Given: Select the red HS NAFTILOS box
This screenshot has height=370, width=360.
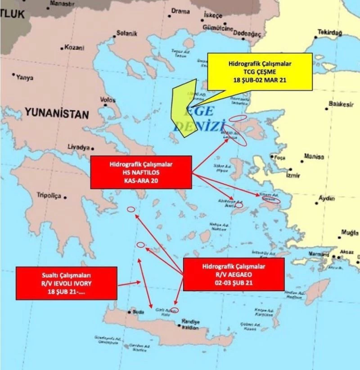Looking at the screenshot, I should pos(141,172).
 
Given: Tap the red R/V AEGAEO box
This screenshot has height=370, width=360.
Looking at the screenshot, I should pos(234,274).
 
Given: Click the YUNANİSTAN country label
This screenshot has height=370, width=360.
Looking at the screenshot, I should pos(57,114).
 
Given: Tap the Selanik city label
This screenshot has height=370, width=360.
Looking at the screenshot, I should pos(126,33).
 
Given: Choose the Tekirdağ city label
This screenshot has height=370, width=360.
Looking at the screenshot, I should pos(330,32).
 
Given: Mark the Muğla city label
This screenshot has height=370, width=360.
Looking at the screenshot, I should pos(350,233).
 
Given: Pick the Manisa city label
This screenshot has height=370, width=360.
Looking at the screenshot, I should pos(314,156).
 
